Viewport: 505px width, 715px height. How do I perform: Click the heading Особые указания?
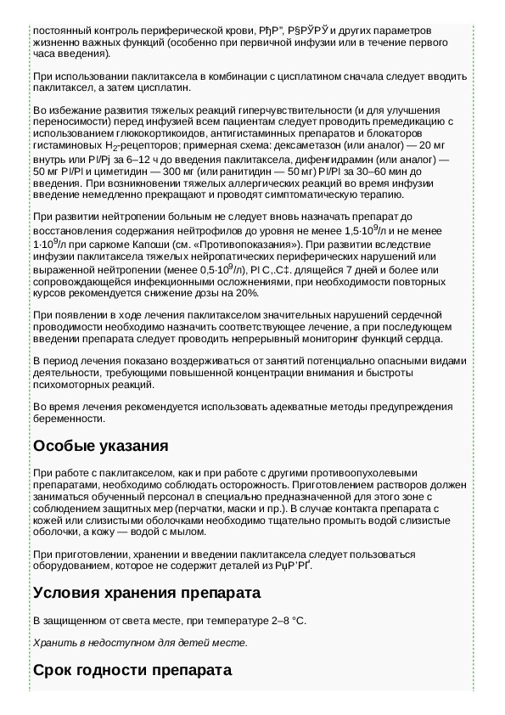[100, 447]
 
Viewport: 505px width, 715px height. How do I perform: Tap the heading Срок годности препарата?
[132, 671]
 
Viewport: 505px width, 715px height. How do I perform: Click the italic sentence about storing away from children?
[141, 642]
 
